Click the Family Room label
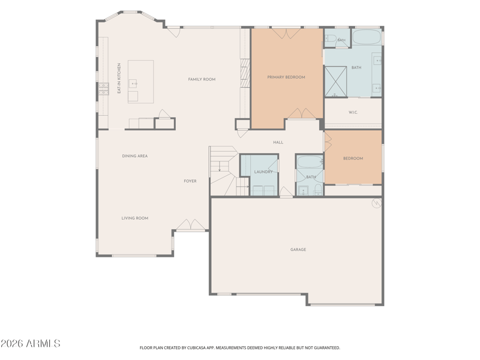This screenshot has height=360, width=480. (202, 79)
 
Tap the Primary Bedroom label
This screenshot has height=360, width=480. (286, 77)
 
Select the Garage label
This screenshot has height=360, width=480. (298, 250)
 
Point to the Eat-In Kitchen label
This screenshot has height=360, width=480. (119, 79)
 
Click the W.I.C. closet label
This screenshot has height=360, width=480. (353, 112)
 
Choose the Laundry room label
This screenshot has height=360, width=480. (263, 172)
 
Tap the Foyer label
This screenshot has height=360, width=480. (190, 181)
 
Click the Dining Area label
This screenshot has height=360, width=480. (134, 156)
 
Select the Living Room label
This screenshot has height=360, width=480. (134, 218)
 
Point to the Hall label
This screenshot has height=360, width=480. (278, 142)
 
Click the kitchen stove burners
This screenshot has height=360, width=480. (103, 89)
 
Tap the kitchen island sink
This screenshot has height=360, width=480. (133, 83)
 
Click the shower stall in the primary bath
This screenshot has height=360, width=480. (335, 82)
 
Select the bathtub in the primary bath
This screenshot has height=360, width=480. (367, 37)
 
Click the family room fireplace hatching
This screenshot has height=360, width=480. (245, 73)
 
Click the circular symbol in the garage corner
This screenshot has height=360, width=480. (376, 203)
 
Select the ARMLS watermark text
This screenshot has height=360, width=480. (31, 343)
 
